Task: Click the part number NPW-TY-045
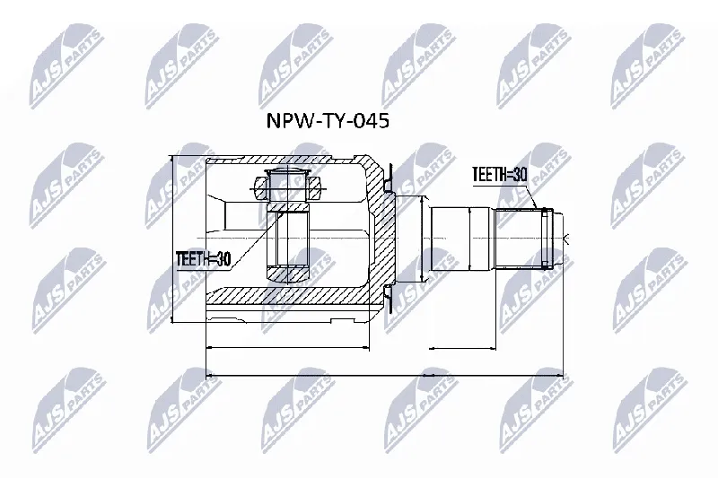click(328, 121)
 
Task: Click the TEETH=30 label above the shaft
click(500, 174)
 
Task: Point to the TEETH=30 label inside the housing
click(203, 259)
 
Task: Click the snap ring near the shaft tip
click(544, 238)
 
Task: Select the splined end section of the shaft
click(525, 238)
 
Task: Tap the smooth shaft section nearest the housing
click(451, 239)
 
